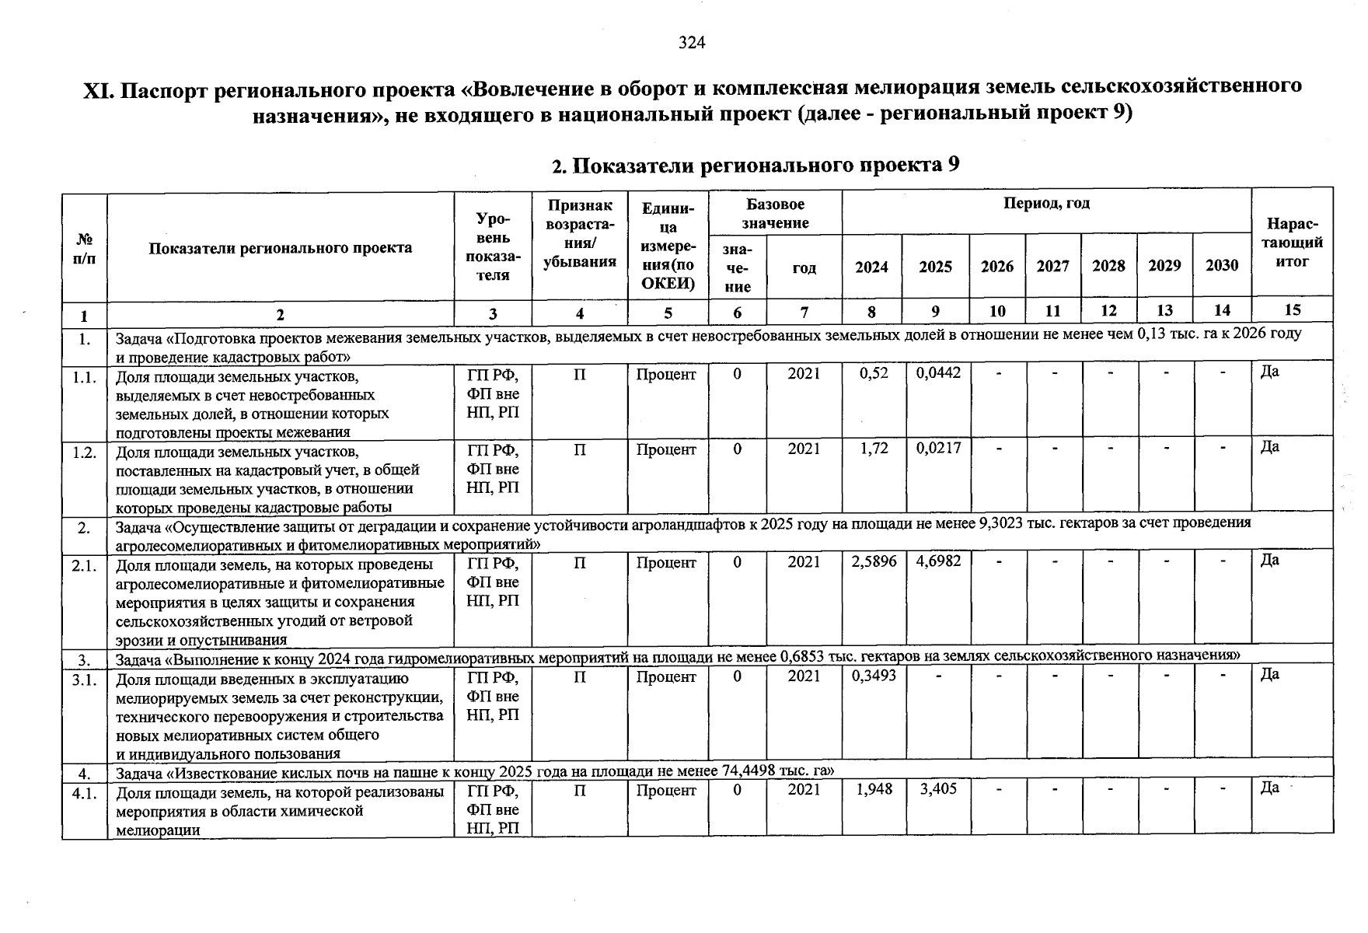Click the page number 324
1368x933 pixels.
[x=691, y=43]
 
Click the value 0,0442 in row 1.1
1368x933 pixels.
[x=938, y=373]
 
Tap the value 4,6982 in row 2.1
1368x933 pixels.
[x=938, y=561]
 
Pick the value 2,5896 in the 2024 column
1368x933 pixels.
[x=874, y=561]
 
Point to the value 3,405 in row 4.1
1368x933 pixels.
[x=938, y=789]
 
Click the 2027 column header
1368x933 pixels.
[x=1052, y=267]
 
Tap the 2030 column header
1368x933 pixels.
[x=1221, y=267]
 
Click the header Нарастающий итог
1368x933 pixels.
[x=1292, y=243]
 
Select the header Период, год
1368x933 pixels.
[x=1046, y=204]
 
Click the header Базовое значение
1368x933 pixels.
[x=775, y=214]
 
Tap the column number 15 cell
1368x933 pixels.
[x=1292, y=310]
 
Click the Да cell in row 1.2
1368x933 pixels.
[x=1269, y=447]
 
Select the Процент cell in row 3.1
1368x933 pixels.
[x=666, y=676]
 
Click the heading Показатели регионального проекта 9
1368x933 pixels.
[x=755, y=166]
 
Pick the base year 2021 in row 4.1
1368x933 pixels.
[x=804, y=790]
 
